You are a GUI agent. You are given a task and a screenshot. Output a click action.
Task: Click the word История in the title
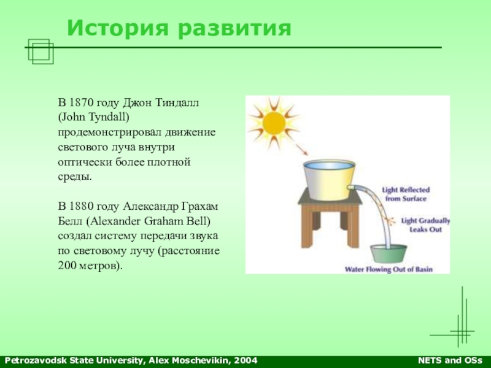click(118, 28)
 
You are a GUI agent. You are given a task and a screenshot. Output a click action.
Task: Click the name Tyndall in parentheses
click(109, 118)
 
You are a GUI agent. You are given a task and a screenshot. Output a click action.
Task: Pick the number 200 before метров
click(67, 266)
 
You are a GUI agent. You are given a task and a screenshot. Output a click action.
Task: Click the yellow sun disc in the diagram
click(274, 123)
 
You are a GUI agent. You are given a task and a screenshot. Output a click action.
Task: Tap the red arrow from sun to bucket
click(301, 149)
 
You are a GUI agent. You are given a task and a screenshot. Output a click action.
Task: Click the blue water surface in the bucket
click(329, 165)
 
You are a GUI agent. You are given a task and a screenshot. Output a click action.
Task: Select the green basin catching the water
click(389, 254)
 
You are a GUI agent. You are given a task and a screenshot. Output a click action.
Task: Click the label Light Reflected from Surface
click(406, 194)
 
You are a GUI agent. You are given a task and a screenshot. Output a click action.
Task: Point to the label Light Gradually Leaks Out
click(425, 225)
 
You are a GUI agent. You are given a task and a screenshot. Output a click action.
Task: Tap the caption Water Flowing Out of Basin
click(389, 269)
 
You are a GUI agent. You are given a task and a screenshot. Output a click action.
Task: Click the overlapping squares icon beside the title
click(41, 52)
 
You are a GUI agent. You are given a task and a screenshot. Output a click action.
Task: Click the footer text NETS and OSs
click(450, 361)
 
